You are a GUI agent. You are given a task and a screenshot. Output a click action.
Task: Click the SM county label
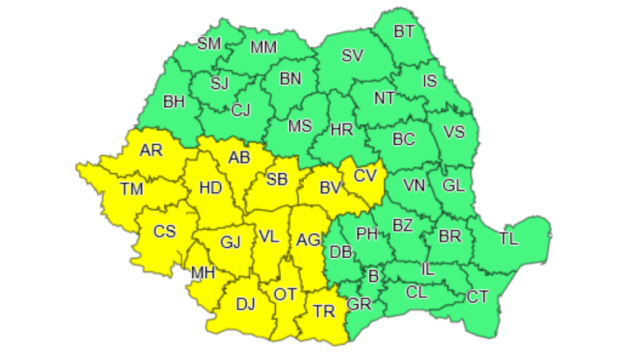click(209, 44)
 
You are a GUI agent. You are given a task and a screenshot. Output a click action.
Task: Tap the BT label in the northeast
click(404, 32)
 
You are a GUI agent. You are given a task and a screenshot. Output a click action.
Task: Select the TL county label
click(509, 240)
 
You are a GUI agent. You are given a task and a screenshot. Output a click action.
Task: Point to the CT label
click(478, 297)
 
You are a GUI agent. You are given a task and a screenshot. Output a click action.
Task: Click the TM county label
click(131, 189)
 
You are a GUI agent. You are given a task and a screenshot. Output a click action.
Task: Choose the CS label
click(165, 231)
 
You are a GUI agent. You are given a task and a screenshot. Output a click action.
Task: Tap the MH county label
click(203, 273)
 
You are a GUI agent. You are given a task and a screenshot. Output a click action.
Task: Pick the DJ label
click(245, 304)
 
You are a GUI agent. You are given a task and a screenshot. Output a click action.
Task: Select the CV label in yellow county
click(365, 175)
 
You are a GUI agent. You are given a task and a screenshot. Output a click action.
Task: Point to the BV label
click(330, 189)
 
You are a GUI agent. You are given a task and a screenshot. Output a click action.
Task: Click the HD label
click(210, 188)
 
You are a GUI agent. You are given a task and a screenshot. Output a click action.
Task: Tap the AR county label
click(151, 150)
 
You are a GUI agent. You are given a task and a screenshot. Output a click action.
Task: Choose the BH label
click(174, 103)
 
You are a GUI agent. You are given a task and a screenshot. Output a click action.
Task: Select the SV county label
click(352, 56)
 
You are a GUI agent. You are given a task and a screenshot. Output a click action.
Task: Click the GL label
click(453, 185)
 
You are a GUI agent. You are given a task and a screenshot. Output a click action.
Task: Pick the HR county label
click(341, 129)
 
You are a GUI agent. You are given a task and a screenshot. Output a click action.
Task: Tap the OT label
click(284, 294)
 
